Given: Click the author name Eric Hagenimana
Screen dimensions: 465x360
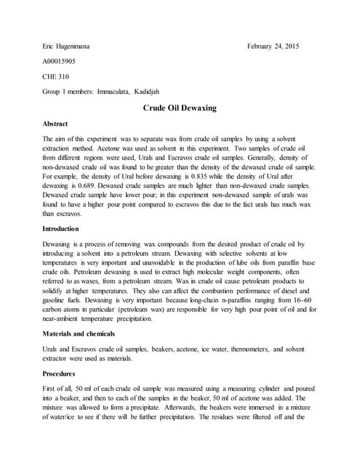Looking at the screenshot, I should pos(71,46).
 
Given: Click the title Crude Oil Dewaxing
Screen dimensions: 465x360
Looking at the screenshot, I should pos(179,108).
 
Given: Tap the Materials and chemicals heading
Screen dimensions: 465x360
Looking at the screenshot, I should pos(79,333).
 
